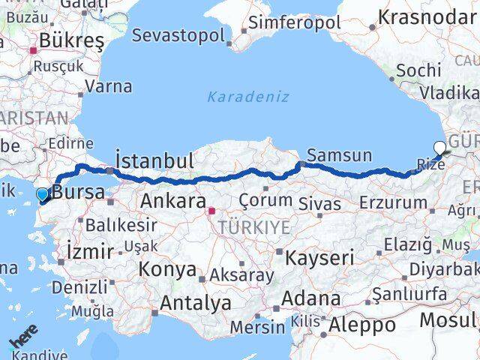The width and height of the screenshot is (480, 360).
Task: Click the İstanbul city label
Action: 154,160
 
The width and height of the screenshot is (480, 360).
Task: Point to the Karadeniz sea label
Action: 247,97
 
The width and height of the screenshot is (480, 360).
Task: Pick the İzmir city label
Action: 90,250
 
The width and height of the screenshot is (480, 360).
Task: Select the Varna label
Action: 109,86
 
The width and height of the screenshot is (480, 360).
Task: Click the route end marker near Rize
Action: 440,148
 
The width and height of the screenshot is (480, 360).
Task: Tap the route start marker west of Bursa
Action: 42,194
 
